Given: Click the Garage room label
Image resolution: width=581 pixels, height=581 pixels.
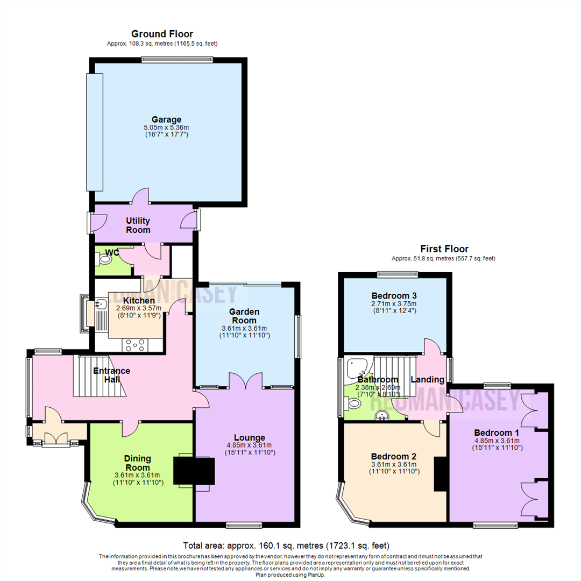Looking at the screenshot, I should (166, 119).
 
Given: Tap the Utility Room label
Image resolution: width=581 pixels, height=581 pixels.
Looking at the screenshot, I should (138, 225).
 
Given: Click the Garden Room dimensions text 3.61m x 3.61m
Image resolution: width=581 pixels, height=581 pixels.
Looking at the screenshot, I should (245, 328).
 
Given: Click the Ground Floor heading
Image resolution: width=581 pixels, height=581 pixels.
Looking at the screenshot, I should (162, 34).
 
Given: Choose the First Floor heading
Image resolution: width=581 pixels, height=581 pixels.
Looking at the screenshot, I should (444, 249).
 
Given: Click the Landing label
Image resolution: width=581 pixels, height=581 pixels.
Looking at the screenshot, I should (427, 379).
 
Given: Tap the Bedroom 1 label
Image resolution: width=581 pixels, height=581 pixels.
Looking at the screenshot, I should (497, 433).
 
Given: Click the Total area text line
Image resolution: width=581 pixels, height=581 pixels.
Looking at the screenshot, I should (286, 545).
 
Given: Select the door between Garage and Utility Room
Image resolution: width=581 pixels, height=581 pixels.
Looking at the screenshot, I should (140, 196).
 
